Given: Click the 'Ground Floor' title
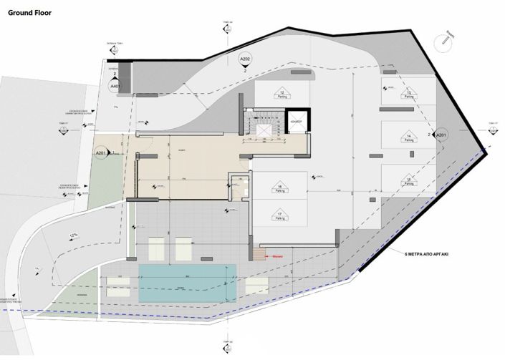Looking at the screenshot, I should [29, 12].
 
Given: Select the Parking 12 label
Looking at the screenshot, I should [282, 97].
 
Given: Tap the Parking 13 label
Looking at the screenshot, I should [408, 95].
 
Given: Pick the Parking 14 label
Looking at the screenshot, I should [408, 137].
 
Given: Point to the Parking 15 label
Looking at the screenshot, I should [408, 180].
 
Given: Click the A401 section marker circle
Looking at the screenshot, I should [115, 86].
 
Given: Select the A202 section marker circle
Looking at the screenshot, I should [245, 59].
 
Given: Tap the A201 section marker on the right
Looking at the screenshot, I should [441, 135].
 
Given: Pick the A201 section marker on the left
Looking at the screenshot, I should [100, 153].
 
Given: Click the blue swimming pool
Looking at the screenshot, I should [188, 282].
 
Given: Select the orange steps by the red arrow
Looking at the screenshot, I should [257, 253].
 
